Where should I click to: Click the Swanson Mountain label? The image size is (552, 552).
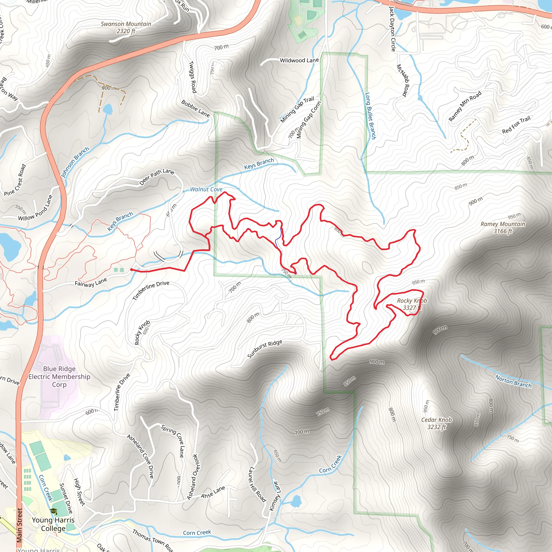[x=126, y=27]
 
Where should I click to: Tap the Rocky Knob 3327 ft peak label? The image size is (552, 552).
[x=412, y=304]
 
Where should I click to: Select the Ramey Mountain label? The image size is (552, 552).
[x=503, y=227]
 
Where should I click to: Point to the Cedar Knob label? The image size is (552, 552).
[x=437, y=423]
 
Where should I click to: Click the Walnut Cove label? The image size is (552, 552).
[x=206, y=189]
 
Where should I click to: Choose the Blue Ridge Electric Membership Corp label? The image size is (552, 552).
[x=59, y=377]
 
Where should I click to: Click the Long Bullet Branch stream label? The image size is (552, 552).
[x=371, y=116]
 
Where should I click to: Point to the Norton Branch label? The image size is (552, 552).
[x=513, y=382]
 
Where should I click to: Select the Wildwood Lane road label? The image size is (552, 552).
[x=299, y=60]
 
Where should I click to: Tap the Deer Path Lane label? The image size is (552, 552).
[x=157, y=177]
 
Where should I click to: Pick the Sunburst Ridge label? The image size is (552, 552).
[x=265, y=349]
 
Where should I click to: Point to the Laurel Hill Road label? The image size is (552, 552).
[x=257, y=485]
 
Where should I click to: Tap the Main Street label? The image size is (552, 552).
[x=19, y=525]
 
